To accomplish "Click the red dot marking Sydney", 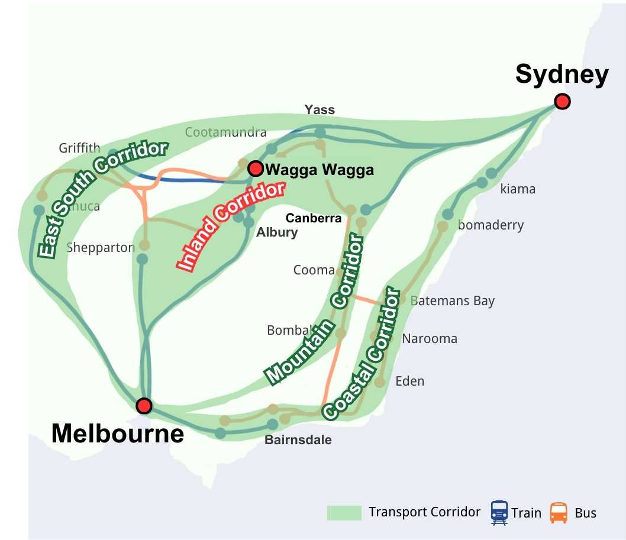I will click(562, 102).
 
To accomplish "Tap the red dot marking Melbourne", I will click(144, 406).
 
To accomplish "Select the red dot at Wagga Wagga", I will click(256, 169).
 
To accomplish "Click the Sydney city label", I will click(562, 75).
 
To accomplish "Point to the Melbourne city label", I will click(118, 434).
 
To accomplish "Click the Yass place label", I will click(320, 109).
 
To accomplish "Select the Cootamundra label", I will click(226, 132).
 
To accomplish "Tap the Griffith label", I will click(79, 148).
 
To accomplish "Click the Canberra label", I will click(314, 218).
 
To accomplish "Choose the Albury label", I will click(276, 232).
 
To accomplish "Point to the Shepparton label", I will click(101, 247).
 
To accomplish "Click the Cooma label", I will click(314, 270).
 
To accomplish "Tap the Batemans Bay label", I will click(452, 300).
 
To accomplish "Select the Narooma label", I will click(430, 339).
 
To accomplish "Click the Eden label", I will click(409, 381).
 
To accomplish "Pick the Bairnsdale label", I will click(298, 440).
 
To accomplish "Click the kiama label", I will click(518, 189).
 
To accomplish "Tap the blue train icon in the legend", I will click(499, 512).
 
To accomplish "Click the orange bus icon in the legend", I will click(559, 512).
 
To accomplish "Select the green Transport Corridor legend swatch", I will click(344, 513).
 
